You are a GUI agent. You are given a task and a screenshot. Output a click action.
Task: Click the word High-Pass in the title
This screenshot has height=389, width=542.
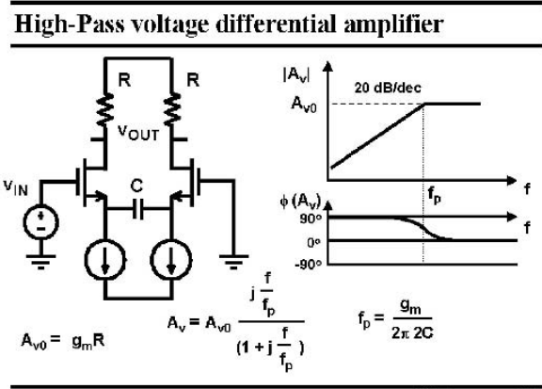coord(70,24)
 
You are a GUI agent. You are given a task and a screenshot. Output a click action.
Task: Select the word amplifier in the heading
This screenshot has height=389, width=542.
coord(393,24)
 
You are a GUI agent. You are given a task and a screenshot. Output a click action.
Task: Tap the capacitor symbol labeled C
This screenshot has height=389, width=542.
coord(138,209)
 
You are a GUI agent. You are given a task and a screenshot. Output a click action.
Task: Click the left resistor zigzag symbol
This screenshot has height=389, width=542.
coord(105,109)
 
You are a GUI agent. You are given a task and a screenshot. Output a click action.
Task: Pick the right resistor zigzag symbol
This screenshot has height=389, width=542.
coord(172,109)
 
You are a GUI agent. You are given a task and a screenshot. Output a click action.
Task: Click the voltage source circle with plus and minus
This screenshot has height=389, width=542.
coord(40,222)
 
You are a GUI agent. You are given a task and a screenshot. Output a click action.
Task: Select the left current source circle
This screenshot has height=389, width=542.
coord(105,260)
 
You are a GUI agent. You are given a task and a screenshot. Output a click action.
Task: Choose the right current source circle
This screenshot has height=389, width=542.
coord(171,260)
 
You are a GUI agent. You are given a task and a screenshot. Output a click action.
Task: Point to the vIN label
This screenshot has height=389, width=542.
coord(16,187)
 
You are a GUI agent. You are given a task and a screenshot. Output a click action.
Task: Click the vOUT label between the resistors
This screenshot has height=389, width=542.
coord(138,133)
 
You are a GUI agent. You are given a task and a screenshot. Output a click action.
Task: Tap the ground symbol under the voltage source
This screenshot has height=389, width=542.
coord(40,262)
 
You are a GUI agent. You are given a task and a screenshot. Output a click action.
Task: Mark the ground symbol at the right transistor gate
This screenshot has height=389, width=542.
coord(233,262)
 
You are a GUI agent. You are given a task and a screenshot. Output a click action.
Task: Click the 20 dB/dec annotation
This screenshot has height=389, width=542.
coord(388,88)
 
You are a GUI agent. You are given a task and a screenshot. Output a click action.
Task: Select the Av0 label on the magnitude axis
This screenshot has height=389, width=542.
coord(304,105)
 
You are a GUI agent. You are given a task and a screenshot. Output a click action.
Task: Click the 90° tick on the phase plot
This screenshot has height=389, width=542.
coord(311,219)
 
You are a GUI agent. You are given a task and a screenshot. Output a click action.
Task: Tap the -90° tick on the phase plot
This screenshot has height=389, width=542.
coord(309,265)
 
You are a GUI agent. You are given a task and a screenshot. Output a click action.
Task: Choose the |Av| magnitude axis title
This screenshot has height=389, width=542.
coord(296,74)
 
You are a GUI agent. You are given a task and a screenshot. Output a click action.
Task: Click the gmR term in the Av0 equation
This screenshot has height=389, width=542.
coord(88,342)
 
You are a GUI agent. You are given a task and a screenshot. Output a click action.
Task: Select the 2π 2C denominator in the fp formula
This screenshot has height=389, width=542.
coord(412,332)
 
